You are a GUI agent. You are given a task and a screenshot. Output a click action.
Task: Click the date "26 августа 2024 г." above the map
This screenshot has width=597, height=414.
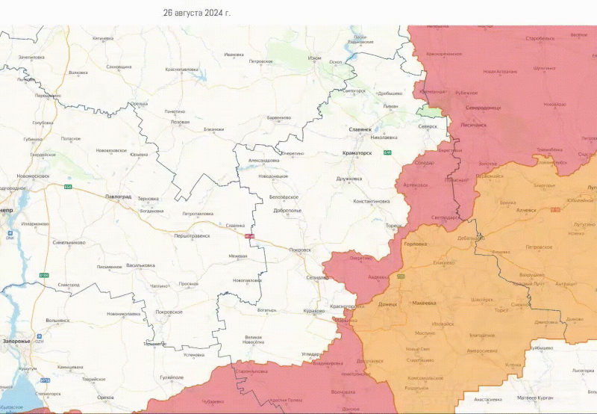pyautogui.click(x=196, y=13)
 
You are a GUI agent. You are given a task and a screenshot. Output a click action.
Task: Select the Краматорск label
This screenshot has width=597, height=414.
pyautogui.click(x=356, y=152)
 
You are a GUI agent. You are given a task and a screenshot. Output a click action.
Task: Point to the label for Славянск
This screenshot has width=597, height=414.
pyautogui.click(x=360, y=129)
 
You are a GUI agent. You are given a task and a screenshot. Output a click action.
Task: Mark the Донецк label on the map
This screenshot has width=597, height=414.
pyautogui.click(x=388, y=305)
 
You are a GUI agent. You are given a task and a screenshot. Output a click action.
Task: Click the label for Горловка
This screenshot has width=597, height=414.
pyautogui.click(x=415, y=245)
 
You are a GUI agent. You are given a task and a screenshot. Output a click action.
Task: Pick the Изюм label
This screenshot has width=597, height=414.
pyautogui.click(x=315, y=58)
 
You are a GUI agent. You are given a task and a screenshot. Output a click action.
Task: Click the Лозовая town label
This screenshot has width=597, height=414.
pyautogui.click(x=181, y=122)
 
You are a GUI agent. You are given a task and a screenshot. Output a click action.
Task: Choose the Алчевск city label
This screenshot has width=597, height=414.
pyautogui.click(x=526, y=210)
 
